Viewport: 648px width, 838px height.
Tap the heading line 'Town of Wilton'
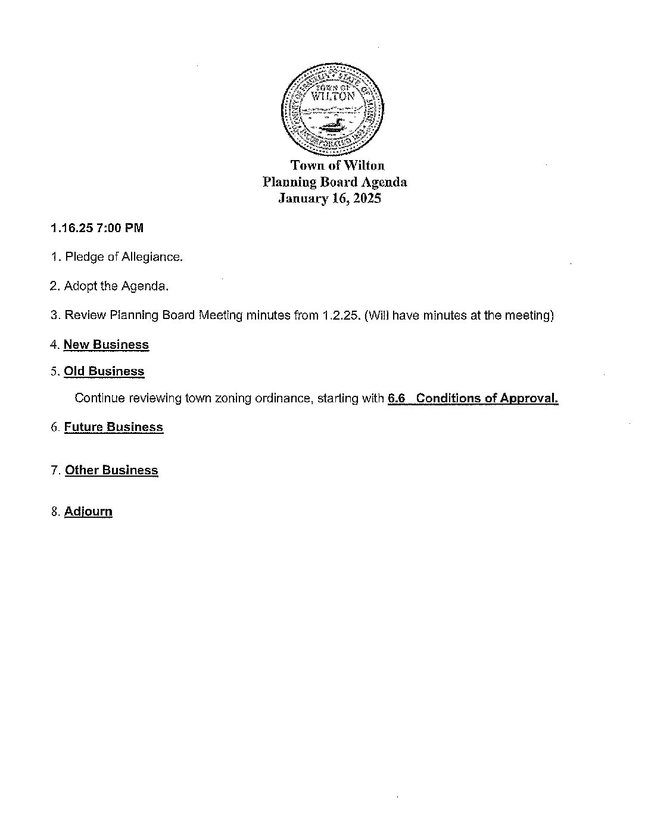click(337, 165)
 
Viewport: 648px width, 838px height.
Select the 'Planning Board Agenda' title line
click(335, 182)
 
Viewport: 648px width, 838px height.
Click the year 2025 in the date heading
click(366, 199)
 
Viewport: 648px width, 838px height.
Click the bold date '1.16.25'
click(68, 228)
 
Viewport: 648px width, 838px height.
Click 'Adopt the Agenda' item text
click(116, 286)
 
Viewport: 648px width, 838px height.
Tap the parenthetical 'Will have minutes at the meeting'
click(459, 315)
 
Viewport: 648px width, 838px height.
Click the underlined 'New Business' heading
click(106, 345)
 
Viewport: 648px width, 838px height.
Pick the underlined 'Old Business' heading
click(104, 371)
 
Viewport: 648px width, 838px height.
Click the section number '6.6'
click(396, 398)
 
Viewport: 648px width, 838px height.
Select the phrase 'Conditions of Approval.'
click(487, 398)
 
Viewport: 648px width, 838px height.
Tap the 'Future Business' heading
click(113, 427)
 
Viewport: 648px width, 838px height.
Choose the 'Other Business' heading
click(111, 470)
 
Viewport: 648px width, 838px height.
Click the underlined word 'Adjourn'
click(88, 512)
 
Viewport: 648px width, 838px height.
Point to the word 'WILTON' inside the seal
click(333, 96)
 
